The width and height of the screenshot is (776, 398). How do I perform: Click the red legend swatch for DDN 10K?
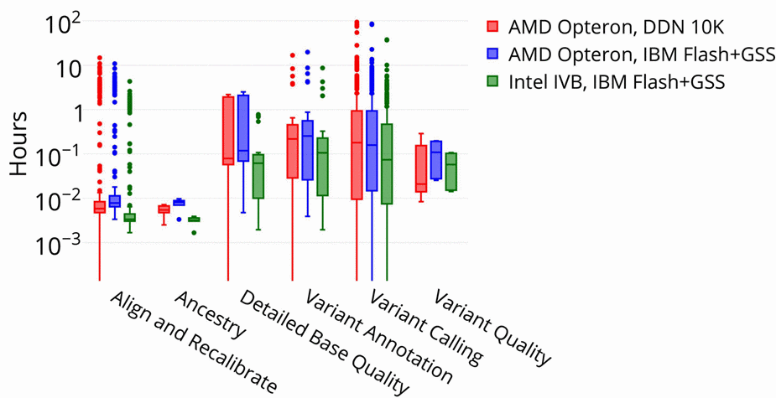[x=493, y=25]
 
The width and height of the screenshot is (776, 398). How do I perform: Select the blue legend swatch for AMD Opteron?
[x=493, y=54]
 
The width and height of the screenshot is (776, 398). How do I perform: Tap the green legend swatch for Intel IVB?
[x=493, y=82]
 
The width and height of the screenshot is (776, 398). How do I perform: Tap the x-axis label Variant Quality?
[x=492, y=328]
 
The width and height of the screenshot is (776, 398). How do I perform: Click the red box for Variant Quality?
[x=421, y=168]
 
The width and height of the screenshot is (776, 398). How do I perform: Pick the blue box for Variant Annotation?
[x=308, y=150]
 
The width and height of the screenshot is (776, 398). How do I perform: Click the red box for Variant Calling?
[x=357, y=154]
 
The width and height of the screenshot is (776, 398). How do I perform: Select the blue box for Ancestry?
[x=179, y=202]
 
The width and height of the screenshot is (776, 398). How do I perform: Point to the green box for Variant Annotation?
[x=323, y=167]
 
